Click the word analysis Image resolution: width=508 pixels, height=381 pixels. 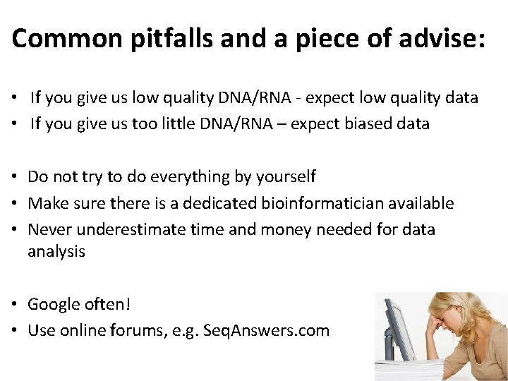pos(56,251)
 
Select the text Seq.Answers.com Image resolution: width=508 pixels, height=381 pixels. pos(266,330)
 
